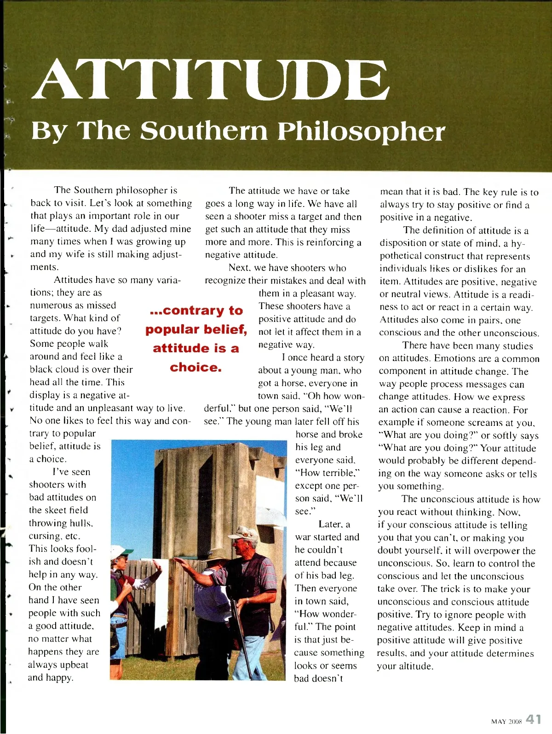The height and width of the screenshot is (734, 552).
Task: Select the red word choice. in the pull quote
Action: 195,367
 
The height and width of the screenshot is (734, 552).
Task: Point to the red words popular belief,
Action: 196,329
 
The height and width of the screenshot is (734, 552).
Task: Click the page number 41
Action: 534,719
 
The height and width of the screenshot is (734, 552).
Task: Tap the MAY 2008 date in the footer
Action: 506,722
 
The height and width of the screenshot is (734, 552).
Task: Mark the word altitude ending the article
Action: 417,666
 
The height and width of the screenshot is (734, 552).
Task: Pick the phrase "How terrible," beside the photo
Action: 327,473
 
